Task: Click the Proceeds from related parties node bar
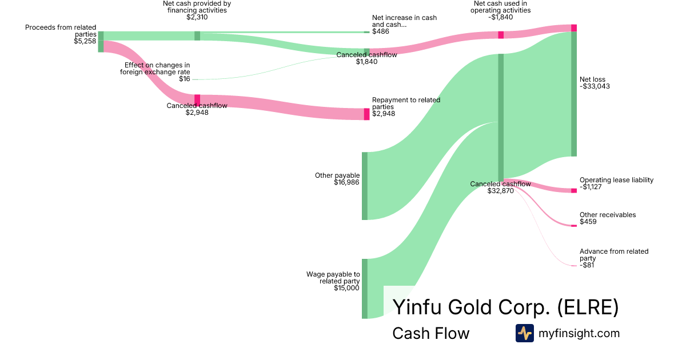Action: tap(101, 42)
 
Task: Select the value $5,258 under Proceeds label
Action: tap(85, 41)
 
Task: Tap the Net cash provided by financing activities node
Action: tap(197, 35)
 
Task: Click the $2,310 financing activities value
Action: tap(197, 17)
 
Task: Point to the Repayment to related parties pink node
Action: tap(367, 114)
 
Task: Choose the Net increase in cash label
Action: tap(404, 21)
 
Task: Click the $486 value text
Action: tap(380, 31)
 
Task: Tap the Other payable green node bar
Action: tap(365, 186)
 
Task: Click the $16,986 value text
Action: tap(346, 182)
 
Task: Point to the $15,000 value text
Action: tap(346, 288)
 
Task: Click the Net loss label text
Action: tap(592, 79)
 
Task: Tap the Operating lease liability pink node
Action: tap(574, 190)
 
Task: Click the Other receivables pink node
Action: tap(574, 226)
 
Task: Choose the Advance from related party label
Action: tap(614, 255)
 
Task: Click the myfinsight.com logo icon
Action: tap(524, 333)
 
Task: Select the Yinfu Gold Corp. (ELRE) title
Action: tap(505, 307)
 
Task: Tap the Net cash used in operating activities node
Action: tap(501, 35)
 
